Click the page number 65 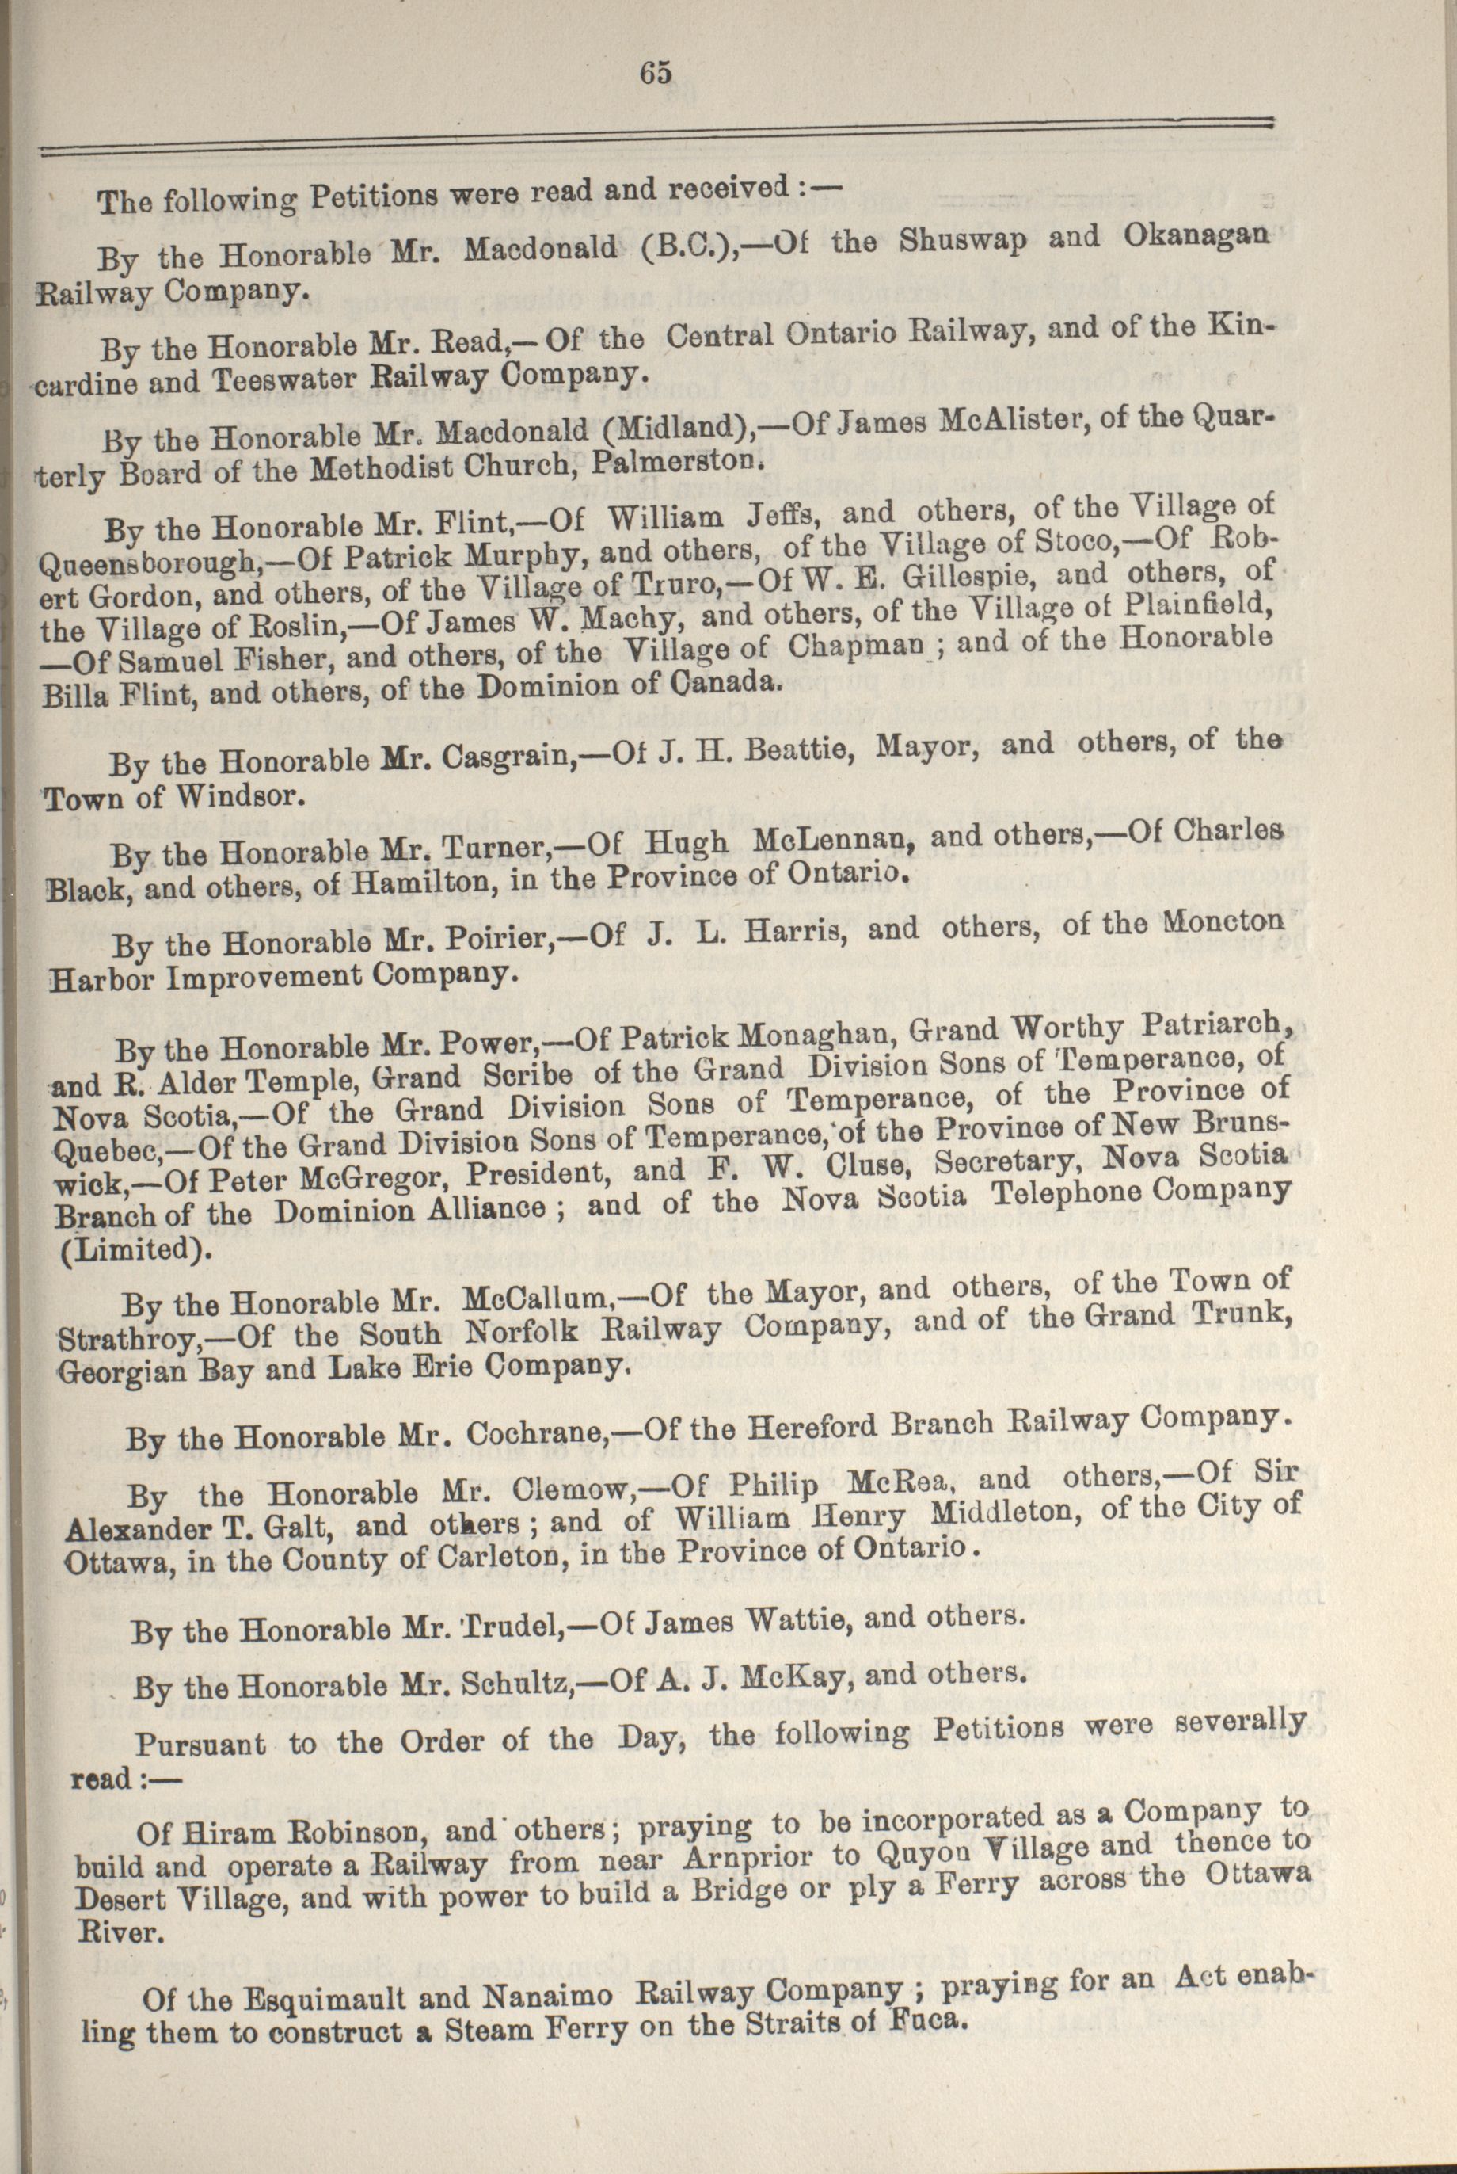tap(655, 74)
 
